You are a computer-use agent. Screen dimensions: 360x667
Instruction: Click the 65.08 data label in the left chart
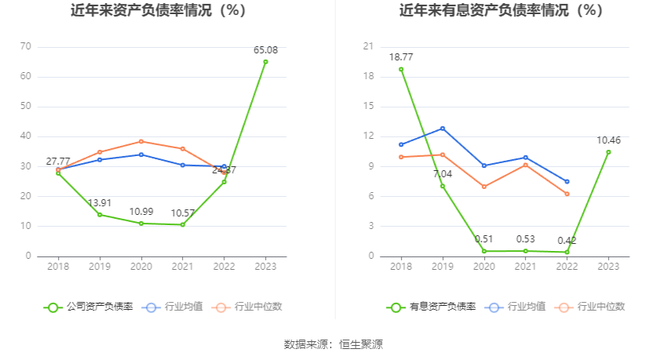pyautogui.click(x=265, y=50)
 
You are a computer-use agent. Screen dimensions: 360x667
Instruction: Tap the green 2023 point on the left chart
pyautogui.click(x=265, y=62)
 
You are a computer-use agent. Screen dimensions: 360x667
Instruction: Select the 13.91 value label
pyautogui.click(x=100, y=203)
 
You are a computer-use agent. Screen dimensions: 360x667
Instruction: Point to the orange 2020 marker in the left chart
pyautogui.click(x=141, y=141)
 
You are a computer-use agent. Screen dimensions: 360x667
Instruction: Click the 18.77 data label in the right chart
pyautogui.click(x=401, y=57)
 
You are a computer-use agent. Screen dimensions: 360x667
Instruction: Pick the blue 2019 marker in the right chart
pyautogui.click(x=443, y=129)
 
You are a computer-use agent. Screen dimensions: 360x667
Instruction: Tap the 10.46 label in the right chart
pyautogui.click(x=608, y=140)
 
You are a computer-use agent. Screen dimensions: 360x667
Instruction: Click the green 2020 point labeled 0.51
pyautogui.click(x=484, y=251)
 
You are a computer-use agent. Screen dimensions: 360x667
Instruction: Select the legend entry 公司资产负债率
pyautogui.click(x=89, y=307)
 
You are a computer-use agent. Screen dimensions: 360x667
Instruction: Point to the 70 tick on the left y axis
pyautogui.click(x=25, y=46)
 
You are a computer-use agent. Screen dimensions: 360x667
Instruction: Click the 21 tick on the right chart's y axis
pyautogui.click(x=368, y=46)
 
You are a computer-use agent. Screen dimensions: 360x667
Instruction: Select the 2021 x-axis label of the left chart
pyautogui.click(x=183, y=267)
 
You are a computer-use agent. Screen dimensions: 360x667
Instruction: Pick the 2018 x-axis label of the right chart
pyautogui.click(x=401, y=267)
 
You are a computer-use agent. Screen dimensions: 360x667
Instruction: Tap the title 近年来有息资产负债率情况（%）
pyautogui.click(x=501, y=11)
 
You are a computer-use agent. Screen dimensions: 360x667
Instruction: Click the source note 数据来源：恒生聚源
pyautogui.click(x=333, y=344)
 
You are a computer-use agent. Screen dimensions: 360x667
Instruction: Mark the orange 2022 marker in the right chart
pyautogui.click(x=567, y=194)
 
